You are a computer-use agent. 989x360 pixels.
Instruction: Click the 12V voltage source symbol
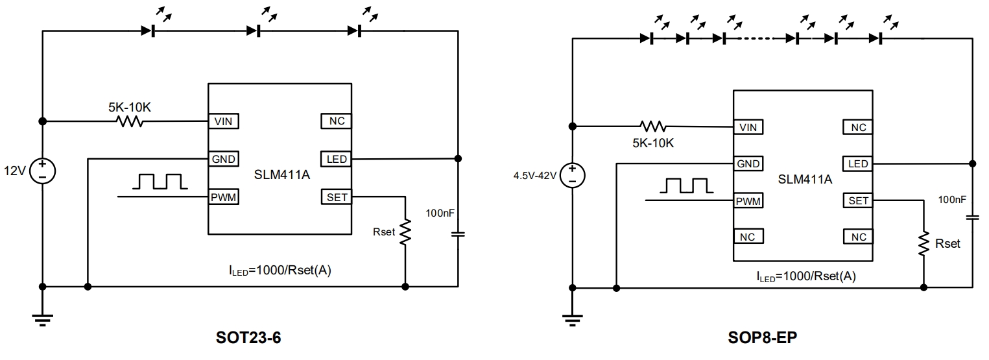click(x=42, y=171)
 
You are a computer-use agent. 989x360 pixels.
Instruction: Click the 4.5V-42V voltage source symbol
click(x=572, y=175)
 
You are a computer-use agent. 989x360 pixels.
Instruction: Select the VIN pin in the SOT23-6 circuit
click(x=222, y=121)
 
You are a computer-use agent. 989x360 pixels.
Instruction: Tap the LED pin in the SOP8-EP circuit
click(x=857, y=163)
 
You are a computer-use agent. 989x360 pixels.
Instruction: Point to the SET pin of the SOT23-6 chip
click(x=337, y=197)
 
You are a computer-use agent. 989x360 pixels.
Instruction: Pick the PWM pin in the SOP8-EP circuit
click(x=748, y=201)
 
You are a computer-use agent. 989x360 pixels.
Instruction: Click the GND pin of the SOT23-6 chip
click(x=222, y=159)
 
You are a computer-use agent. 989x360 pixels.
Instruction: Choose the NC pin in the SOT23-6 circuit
click(x=337, y=121)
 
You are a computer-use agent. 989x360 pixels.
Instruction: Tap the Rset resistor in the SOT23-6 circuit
click(x=405, y=232)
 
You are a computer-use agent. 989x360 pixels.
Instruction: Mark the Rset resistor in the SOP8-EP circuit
click(x=923, y=245)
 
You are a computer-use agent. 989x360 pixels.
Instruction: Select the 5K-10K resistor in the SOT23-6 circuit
click(x=130, y=121)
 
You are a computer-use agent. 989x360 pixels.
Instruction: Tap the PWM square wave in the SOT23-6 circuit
click(x=159, y=182)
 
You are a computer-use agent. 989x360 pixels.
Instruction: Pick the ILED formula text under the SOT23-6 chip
click(x=276, y=270)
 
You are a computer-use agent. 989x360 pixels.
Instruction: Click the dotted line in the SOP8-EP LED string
click(x=758, y=38)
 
